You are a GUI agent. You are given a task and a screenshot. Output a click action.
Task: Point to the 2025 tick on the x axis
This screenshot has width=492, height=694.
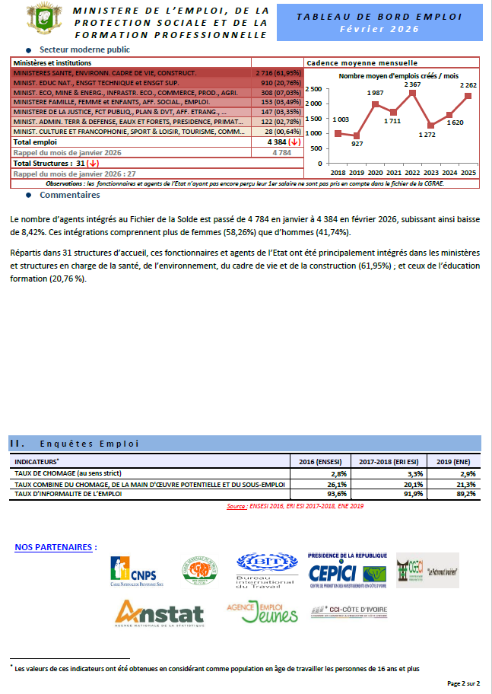click(468, 173)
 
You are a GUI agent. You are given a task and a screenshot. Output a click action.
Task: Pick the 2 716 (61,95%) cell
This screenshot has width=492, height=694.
click(277, 72)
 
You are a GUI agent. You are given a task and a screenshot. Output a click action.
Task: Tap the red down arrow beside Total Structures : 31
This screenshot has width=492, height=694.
click(93, 163)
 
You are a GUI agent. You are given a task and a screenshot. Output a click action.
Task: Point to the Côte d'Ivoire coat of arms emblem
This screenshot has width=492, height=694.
click(41, 19)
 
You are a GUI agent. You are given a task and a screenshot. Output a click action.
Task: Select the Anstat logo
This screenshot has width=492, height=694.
click(159, 612)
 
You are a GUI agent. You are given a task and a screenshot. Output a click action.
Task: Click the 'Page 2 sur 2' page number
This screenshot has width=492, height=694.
click(463, 684)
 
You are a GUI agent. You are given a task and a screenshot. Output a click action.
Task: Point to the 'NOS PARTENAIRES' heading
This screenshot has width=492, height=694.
click(56, 546)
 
